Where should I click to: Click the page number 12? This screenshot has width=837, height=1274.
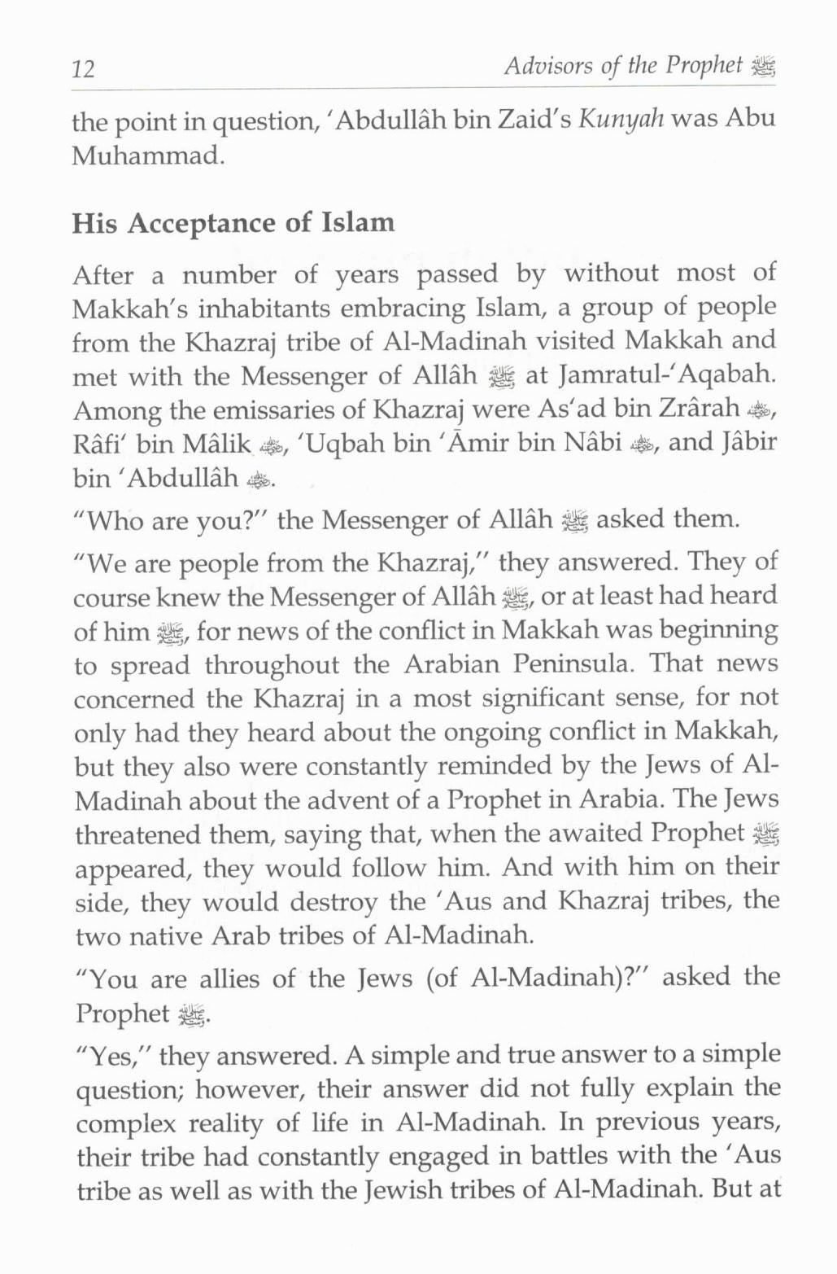pyautogui.click(x=84, y=68)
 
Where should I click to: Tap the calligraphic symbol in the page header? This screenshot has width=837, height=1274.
pyautogui.click(x=765, y=68)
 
